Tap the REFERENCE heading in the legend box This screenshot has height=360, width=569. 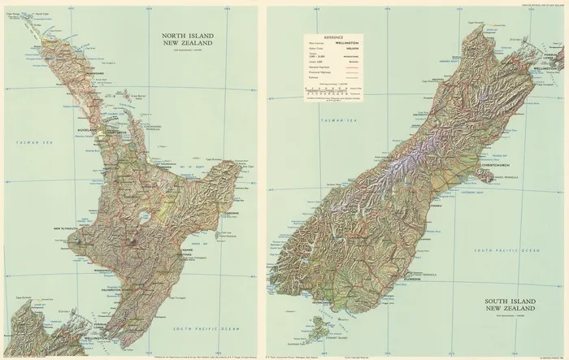click(334, 38)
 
